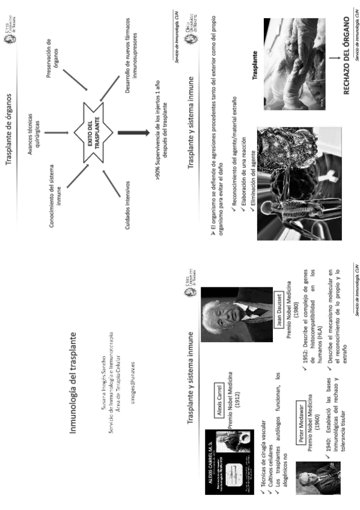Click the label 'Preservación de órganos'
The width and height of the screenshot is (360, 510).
tap(52, 57)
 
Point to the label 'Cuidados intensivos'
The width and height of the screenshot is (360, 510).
tap(130, 196)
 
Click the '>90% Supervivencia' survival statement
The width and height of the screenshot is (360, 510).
tap(160, 128)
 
